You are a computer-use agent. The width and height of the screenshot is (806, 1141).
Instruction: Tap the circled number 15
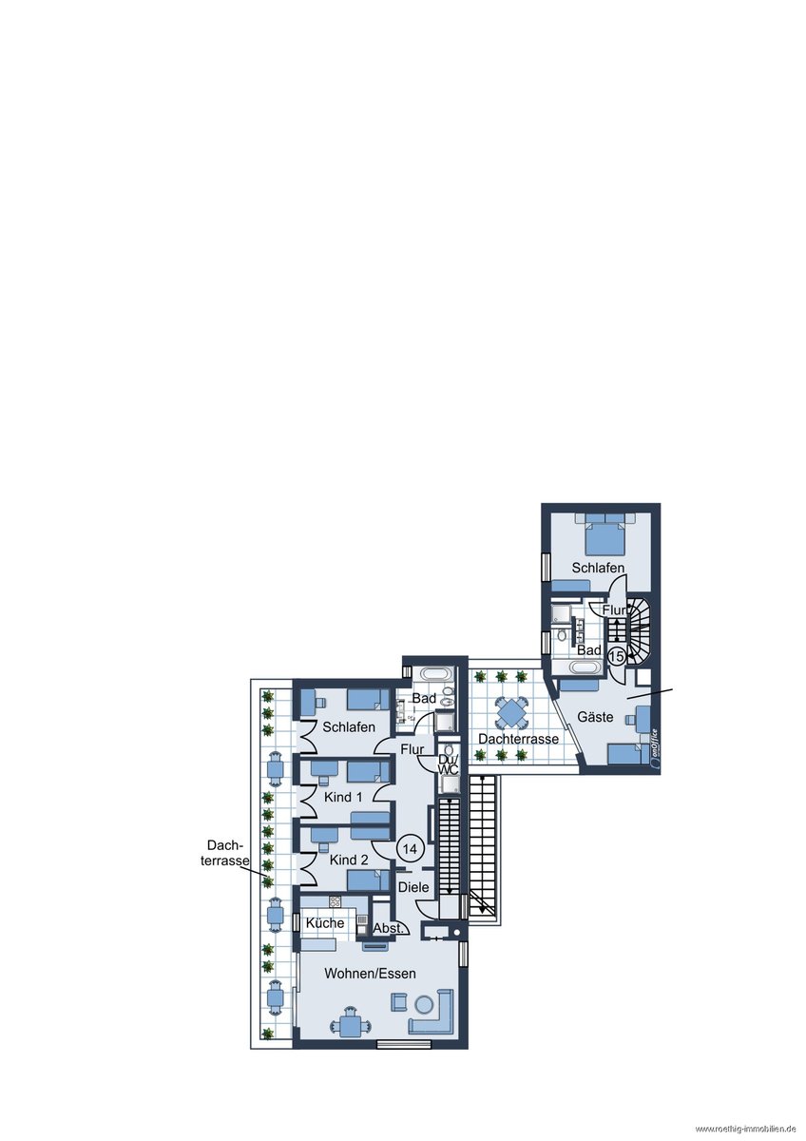[x=616, y=656]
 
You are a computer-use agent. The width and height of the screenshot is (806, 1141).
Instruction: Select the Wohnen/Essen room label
[x=370, y=974]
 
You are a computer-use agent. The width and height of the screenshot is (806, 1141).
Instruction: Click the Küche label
[x=325, y=922]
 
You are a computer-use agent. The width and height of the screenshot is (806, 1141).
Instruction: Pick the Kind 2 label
[x=349, y=860]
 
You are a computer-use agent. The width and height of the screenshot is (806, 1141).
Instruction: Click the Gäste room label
[x=595, y=717]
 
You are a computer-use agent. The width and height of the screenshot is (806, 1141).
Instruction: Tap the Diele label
[x=413, y=887]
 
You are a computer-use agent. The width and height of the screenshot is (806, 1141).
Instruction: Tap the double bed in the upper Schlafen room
[x=604, y=534]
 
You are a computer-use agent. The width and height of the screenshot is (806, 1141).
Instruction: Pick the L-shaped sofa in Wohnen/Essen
[x=431, y=1015]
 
